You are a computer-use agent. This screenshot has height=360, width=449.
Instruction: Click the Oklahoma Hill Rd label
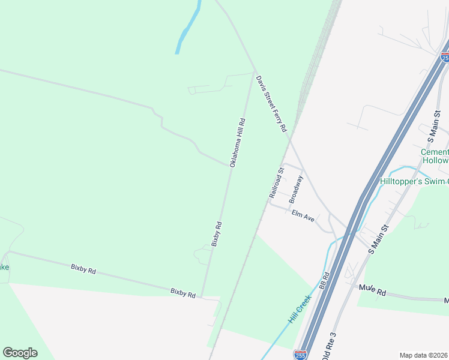point(237,142)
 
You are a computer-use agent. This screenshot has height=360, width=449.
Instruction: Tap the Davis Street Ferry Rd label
point(272,104)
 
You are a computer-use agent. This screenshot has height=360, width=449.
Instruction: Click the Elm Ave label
point(303,215)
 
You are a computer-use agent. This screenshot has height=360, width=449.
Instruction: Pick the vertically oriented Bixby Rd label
point(217,234)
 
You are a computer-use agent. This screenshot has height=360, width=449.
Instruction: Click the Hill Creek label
point(300,309)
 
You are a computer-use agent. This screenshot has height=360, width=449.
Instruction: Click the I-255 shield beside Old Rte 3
point(301,355)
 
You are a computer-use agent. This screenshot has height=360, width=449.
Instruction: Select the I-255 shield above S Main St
point(445,57)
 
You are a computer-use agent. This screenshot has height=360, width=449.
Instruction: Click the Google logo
point(20,353)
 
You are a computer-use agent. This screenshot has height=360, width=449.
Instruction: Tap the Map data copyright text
point(424,355)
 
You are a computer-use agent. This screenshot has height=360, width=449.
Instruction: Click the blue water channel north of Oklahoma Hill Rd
point(188,30)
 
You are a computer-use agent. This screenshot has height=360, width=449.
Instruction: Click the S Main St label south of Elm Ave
point(379,239)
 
